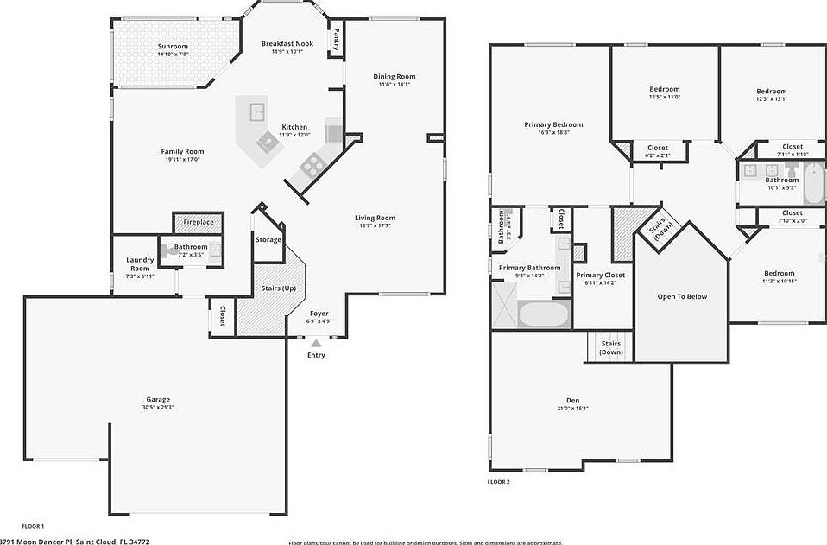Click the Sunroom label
pyautogui.click(x=173, y=46)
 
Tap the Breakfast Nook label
pyautogui.click(x=287, y=43)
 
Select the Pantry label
pyautogui.click(x=336, y=40)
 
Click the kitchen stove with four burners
pyautogui.click(x=311, y=164)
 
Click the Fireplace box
pyautogui.click(x=198, y=222)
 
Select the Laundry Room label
pyautogui.click(x=140, y=263)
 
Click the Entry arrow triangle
pyautogui.click(x=316, y=343)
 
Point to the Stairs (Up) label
pyautogui.click(x=279, y=288)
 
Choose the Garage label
pyautogui.click(x=157, y=399)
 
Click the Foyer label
pyautogui.click(x=319, y=313)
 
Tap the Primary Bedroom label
pyautogui.click(x=553, y=124)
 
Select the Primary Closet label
pyautogui.click(x=600, y=275)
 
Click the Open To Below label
pyautogui.click(x=682, y=296)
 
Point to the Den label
pyautogui.click(x=572, y=400)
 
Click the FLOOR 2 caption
pyautogui.click(x=499, y=481)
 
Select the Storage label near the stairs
pyautogui.click(x=268, y=239)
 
